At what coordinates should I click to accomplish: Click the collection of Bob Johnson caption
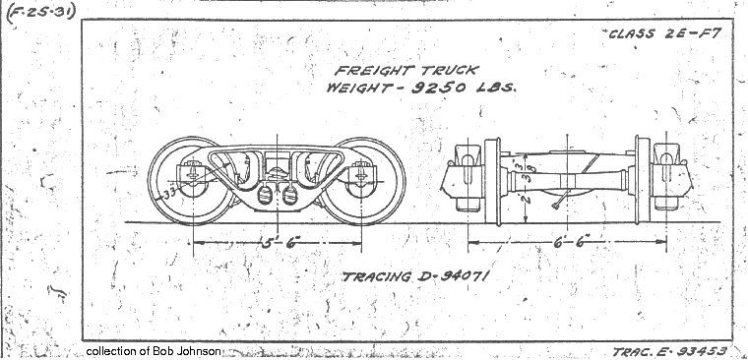pos(154,351)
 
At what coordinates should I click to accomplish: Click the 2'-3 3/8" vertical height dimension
pos(529,183)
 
